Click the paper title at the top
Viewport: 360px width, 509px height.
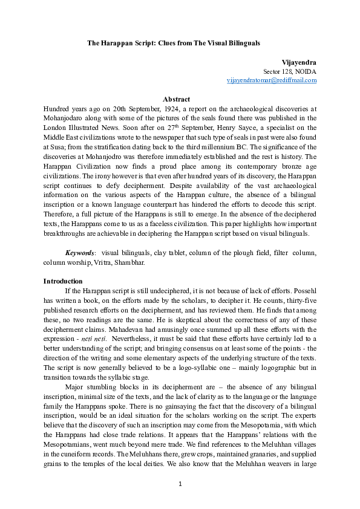click(174, 44)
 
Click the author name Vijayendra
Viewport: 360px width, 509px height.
click(299, 62)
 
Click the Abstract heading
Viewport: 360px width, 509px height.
click(177, 100)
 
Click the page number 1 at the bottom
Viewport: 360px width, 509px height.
click(180, 484)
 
